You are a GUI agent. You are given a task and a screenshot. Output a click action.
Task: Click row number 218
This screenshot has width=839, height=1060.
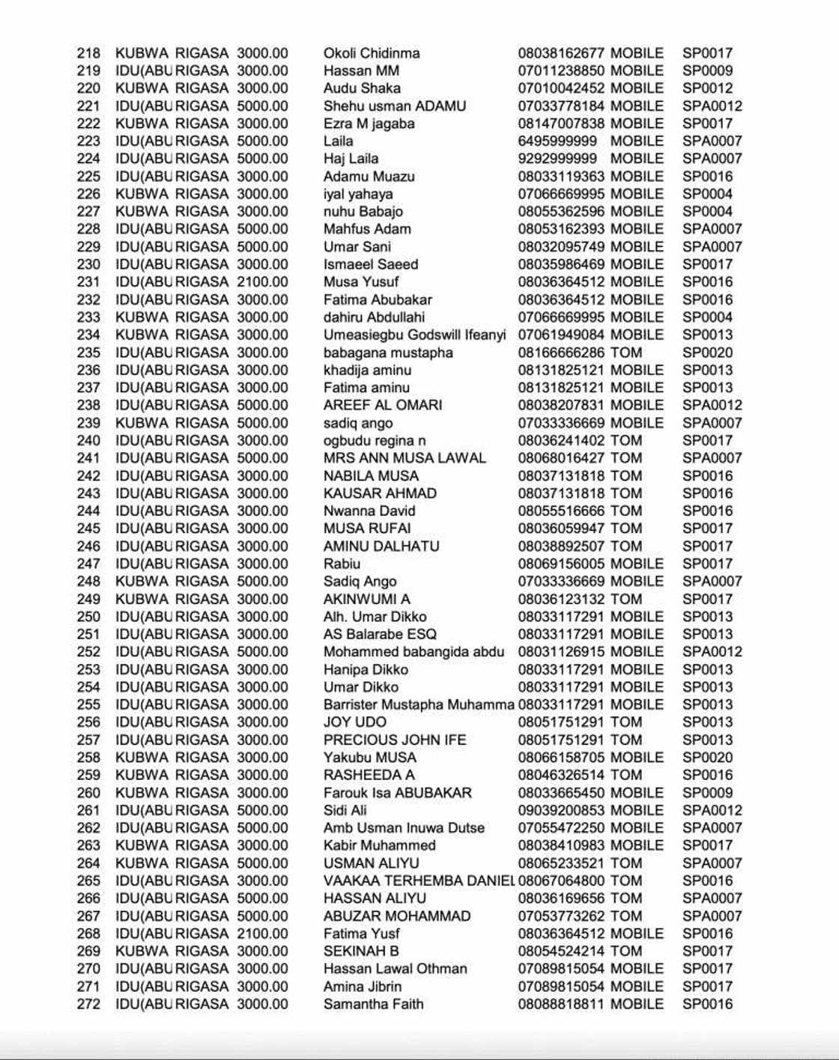88,53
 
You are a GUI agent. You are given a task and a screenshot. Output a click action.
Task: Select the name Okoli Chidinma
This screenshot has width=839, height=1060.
371,53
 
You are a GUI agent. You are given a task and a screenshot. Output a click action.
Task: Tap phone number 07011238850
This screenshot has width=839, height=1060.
560,71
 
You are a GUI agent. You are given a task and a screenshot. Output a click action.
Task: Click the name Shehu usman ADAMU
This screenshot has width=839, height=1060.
394,106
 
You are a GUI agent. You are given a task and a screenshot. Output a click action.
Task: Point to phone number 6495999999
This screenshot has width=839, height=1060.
557,141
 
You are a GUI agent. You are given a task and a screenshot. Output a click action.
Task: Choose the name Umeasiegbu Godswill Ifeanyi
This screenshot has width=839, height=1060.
414,335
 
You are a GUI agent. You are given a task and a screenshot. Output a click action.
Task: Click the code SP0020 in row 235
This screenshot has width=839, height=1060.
707,353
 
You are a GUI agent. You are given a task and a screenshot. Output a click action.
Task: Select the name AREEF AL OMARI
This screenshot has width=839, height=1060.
382,405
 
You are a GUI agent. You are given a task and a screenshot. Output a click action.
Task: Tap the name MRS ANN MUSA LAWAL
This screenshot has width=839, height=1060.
405,458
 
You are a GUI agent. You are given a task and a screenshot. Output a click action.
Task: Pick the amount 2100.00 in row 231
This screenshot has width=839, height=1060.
262,282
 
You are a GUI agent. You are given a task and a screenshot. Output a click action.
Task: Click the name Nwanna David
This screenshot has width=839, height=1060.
369,511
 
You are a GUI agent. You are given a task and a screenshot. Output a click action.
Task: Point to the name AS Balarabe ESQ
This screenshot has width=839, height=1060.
380,634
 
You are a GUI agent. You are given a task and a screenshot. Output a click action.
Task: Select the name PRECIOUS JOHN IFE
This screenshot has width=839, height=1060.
394,740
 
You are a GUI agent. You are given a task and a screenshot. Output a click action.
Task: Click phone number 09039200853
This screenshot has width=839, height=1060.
560,810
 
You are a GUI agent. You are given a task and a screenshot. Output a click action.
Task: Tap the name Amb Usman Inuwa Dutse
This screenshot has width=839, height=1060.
404,828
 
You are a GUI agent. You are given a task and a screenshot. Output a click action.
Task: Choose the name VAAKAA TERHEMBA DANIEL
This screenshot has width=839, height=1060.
418,880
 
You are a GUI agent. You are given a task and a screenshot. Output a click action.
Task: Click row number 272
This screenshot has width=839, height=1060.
88,1004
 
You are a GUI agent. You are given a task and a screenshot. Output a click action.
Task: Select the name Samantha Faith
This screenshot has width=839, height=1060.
373,1004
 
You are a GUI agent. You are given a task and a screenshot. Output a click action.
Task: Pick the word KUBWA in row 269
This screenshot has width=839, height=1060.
142,951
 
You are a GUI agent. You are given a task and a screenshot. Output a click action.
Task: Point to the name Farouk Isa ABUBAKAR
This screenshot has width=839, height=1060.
397,793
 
